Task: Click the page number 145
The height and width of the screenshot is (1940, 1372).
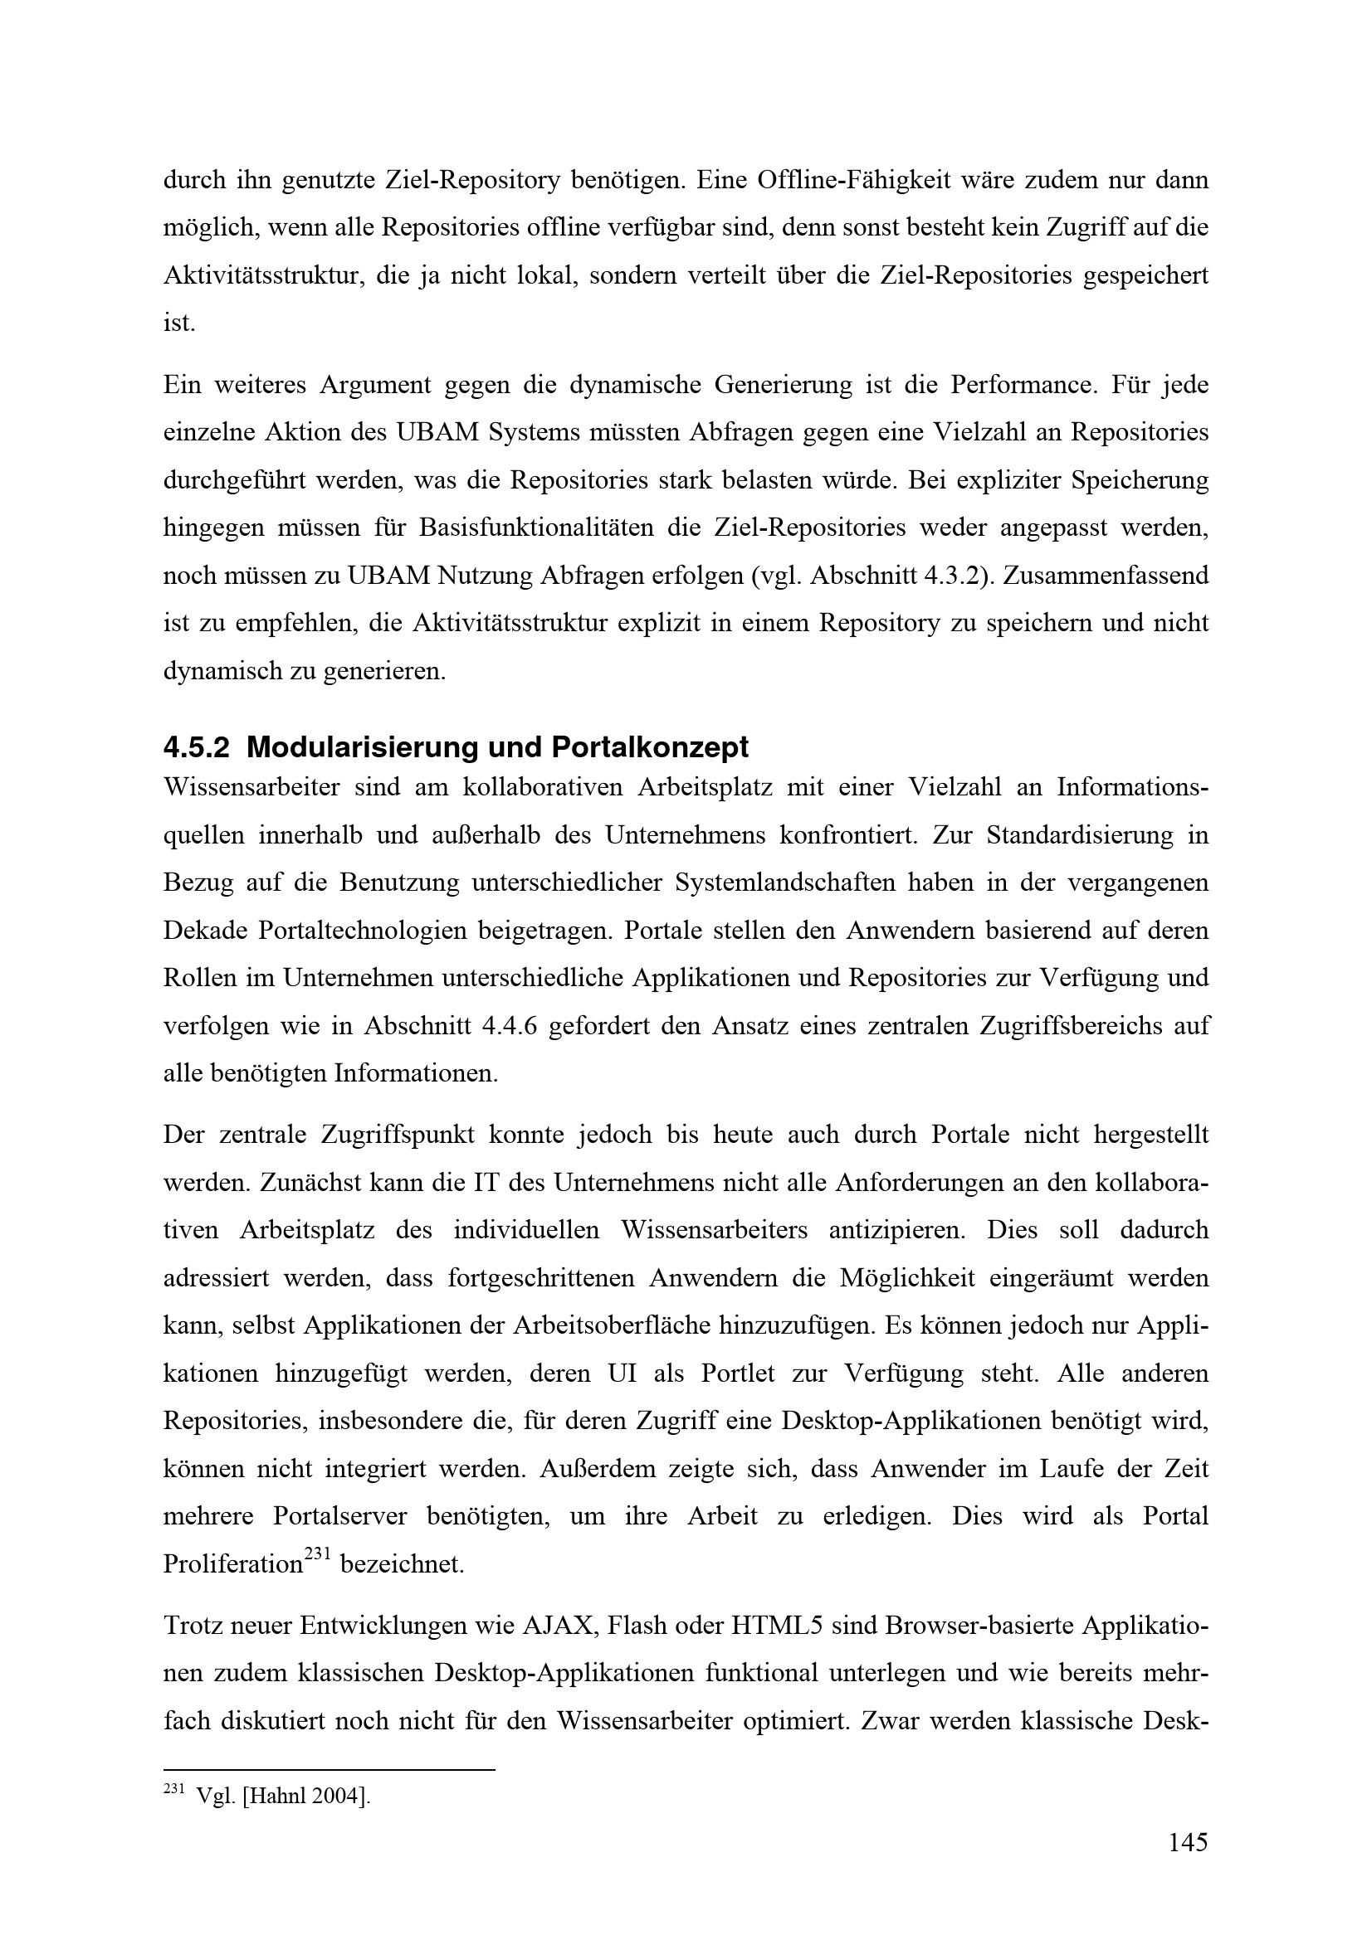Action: (x=1188, y=1842)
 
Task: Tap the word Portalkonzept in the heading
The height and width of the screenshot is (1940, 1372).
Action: (x=650, y=747)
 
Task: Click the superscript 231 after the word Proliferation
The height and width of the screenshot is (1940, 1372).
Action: (x=316, y=1551)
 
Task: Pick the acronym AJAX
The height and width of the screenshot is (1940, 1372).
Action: (x=559, y=1626)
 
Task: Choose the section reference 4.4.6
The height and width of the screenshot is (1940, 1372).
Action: (x=510, y=1026)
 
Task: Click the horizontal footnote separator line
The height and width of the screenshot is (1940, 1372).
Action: (x=328, y=1767)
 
